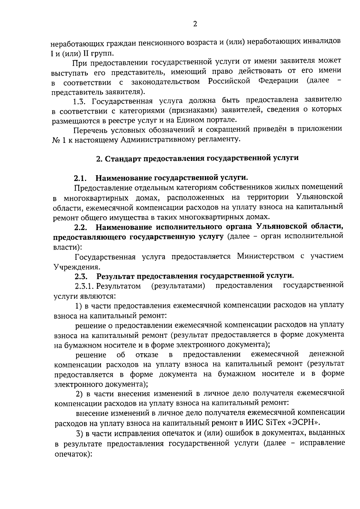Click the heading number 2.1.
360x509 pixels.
(x=80, y=179)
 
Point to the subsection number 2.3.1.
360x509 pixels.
(x=85, y=286)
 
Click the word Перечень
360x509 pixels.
(x=90, y=130)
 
